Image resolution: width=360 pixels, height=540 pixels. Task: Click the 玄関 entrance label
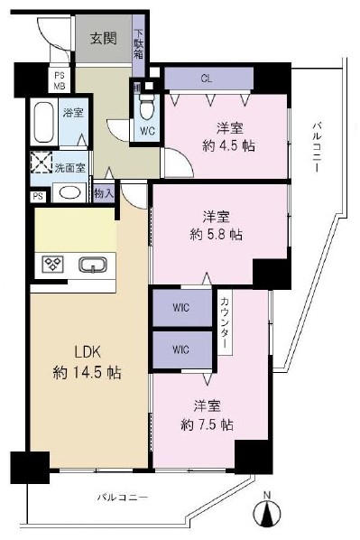pos(103,39)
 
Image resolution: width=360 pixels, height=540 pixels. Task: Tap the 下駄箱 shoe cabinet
pos(139,46)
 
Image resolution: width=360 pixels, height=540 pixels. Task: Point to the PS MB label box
pos(60,81)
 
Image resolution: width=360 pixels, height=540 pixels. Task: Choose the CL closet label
pos(206,79)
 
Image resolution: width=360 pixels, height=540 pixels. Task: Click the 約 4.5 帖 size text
pos(229,146)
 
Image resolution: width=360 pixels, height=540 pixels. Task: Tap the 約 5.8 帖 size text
pos(217,235)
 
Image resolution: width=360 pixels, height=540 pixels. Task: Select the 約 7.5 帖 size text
pos(207,424)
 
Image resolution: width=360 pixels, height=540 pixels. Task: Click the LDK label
pos(88,352)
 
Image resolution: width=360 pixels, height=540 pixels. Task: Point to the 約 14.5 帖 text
pos(88,373)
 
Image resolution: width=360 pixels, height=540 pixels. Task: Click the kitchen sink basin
pos(93,265)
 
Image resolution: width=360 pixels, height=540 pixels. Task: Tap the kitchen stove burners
pos(52,265)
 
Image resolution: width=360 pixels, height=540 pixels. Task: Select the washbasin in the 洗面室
pos(69,191)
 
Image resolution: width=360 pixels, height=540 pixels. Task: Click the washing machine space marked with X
pos(42,162)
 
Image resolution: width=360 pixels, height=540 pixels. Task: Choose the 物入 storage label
pos(104,193)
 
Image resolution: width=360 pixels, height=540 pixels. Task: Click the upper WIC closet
pos(182,307)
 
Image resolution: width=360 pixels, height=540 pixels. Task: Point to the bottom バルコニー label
pos(123,498)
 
